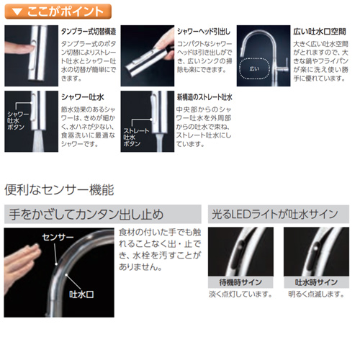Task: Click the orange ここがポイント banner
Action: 58,12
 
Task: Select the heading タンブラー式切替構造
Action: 89,32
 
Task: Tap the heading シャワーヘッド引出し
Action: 204,32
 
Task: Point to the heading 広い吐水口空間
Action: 320,32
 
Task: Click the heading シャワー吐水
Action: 83,97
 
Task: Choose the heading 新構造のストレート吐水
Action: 204,97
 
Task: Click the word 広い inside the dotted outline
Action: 254,69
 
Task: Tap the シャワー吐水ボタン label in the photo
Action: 18,120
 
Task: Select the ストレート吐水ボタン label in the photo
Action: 136,138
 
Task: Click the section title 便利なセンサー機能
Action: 59,190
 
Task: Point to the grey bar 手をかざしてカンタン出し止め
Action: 103,214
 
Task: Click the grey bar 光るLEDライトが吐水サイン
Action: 279,214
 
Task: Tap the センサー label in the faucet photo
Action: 58,238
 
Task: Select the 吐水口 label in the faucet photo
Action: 81,294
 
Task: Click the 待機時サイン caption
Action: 240,282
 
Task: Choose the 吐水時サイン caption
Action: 316,282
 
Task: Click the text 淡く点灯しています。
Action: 240,294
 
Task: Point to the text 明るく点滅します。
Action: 316,294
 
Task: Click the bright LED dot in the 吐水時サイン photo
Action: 316,247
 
